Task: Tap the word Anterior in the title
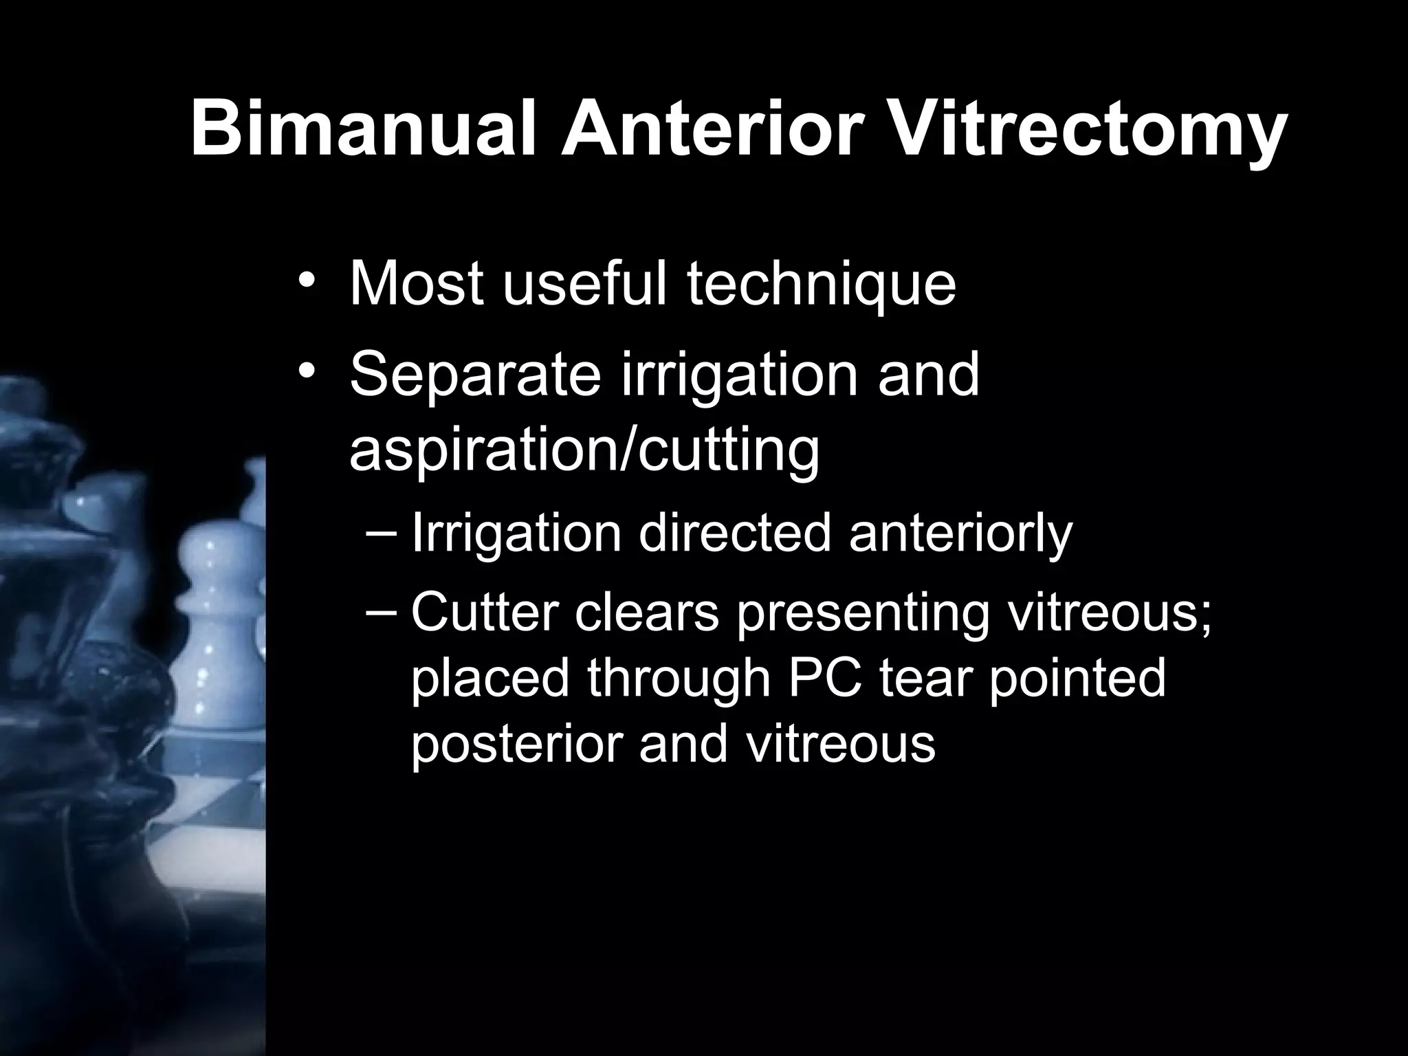[x=712, y=129]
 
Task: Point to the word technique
[x=822, y=285]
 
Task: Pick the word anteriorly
[x=960, y=534]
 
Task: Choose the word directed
[x=734, y=534]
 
